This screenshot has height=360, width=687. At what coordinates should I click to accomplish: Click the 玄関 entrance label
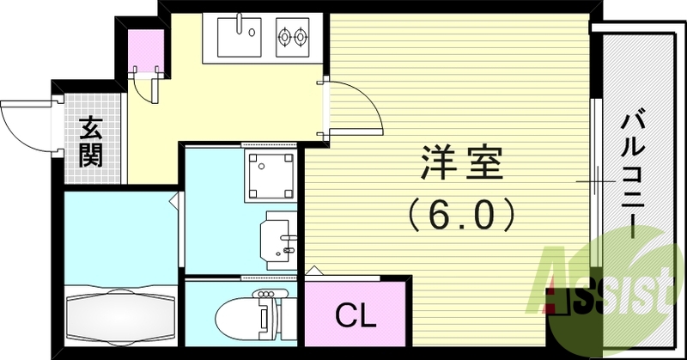pyautogui.click(x=91, y=141)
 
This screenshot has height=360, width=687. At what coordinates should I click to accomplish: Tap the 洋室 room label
pyautogui.click(x=461, y=163)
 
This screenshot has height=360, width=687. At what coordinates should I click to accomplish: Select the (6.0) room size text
pyautogui.click(x=460, y=215)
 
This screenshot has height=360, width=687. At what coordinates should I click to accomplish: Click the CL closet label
pyautogui.click(x=356, y=314)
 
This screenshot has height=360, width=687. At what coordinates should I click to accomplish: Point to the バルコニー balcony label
pyautogui.click(x=633, y=176)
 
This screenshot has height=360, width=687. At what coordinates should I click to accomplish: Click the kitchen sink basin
pyautogui.click(x=240, y=37)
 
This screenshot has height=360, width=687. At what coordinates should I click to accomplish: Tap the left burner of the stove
pyautogui.click(x=284, y=36)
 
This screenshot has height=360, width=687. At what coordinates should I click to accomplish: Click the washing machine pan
pyautogui.click(x=270, y=175)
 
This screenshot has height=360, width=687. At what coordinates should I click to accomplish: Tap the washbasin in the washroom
pyautogui.click(x=279, y=241)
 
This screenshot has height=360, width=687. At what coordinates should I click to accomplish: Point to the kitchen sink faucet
pyautogui.click(x=240, y=23)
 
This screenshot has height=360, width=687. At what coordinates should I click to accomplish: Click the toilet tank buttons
pyautogui.click(x=266, y=293)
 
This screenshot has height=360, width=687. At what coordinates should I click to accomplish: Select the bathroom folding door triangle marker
pyautogui.click(x=174, y=200)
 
